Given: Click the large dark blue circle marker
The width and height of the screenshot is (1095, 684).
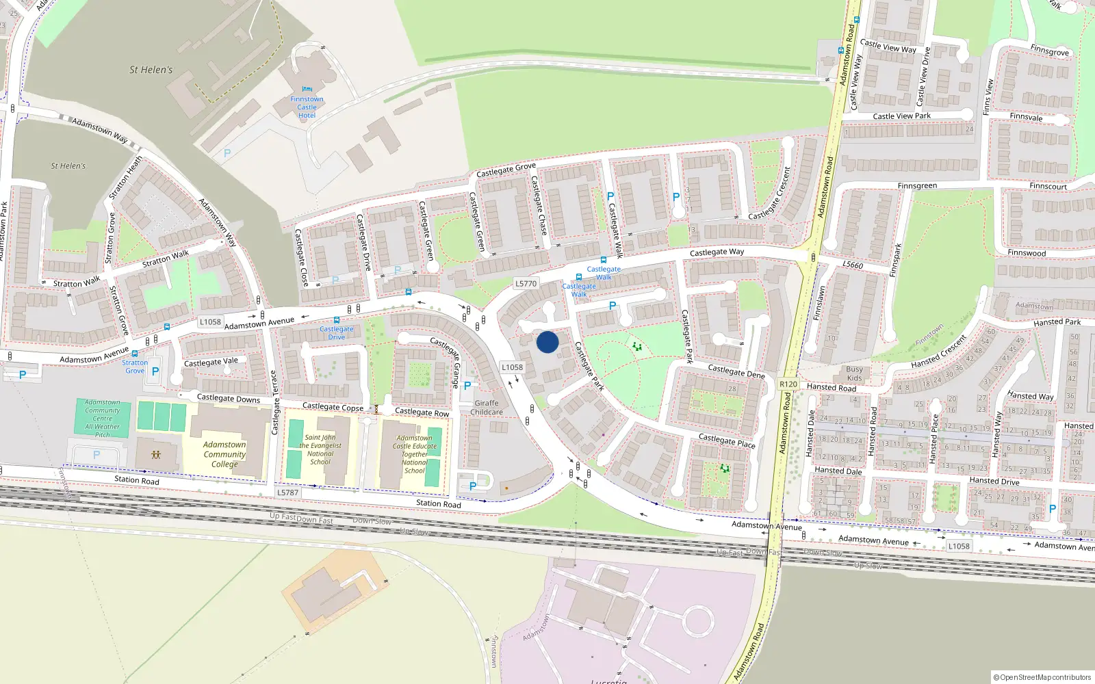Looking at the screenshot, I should [x=547, y=342].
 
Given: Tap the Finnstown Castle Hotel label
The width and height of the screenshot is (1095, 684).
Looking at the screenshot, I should [x=307, y=107].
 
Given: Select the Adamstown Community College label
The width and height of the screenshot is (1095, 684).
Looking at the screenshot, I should [x=224, y=454].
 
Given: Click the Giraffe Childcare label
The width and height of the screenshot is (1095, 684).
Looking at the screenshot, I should [x=487, y=408].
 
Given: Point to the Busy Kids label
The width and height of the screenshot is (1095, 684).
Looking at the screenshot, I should [x=854, y=373].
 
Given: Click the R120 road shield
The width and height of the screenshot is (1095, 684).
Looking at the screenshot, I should [x=788, y=384].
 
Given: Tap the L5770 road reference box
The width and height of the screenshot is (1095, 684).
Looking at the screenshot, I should [x=526, y=283].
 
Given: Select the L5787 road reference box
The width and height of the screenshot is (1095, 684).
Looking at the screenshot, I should [x=288, y=492].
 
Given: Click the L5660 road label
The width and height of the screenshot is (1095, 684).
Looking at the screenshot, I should [x=853, y=265].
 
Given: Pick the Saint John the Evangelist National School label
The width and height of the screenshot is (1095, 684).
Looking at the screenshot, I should [x=320, y=449].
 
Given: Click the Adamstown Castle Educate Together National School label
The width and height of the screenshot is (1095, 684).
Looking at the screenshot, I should [x=414, y=454].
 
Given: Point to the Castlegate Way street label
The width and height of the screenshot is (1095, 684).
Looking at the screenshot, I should [x=717, y=252].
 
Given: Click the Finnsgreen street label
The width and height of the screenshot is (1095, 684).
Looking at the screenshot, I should [x=917, y=186].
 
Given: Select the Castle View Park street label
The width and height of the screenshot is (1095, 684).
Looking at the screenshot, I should [x=902, y=116].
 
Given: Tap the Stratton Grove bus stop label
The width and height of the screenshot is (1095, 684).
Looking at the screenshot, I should [x=135, y=367].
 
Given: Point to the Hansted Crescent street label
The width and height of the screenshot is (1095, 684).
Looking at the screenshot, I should [x=939, y=352].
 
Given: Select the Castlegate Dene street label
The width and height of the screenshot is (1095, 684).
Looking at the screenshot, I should [x=736, y=371].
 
